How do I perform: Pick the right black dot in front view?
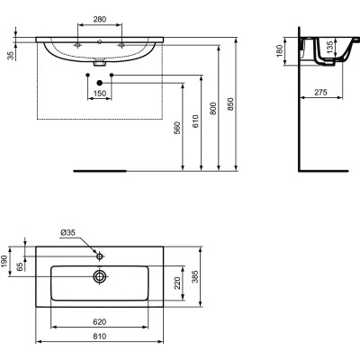(x=112, y=84)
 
